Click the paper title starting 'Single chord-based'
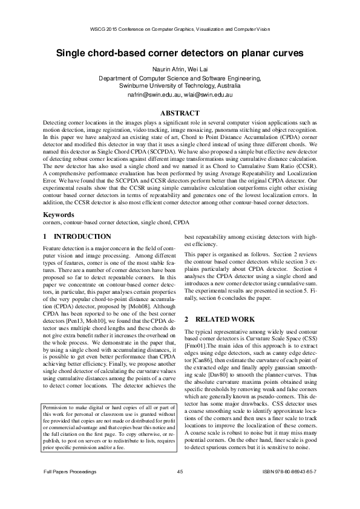coord(180,53)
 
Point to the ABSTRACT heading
coord(180,113)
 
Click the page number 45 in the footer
coord(180,487)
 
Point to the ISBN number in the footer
coord(290,487)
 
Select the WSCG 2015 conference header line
coord(180,28)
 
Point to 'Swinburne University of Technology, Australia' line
coord(180,86)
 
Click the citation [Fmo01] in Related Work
coord(194,346)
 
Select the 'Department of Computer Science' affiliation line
coord(180,78)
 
